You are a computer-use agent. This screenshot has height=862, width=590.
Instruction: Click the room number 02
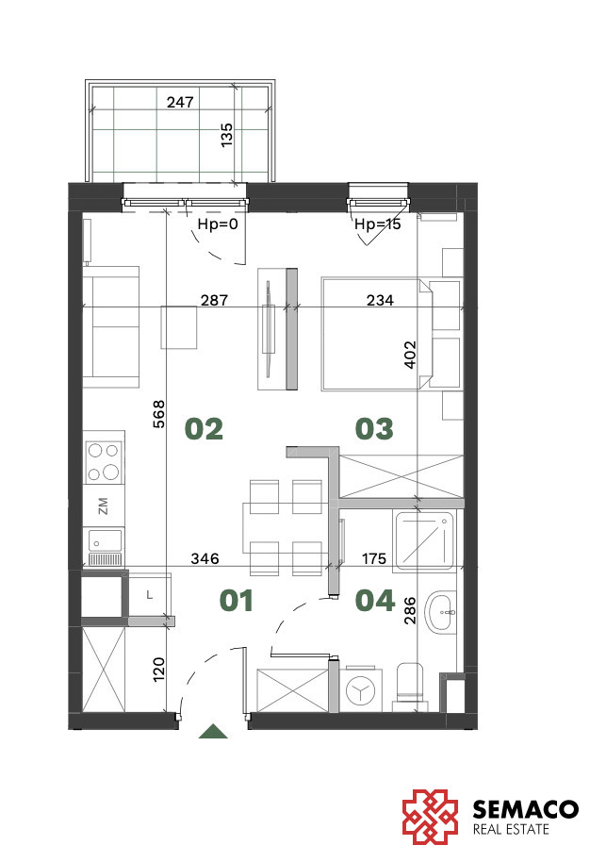(x=204, y=429)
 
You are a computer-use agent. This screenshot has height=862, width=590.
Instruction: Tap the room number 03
(x=374, y=429)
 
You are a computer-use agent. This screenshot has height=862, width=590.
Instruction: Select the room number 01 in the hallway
(x=237, y=601)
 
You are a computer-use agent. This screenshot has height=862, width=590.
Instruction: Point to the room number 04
(x=375, y=601)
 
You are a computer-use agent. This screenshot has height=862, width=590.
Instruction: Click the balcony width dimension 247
(x=180, y=102)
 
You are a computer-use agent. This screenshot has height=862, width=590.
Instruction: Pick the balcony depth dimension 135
(x=226, y=135)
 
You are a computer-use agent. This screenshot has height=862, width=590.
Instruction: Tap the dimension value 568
(x=158, y=414)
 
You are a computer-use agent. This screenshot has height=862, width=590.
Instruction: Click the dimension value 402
(x=410, y=355)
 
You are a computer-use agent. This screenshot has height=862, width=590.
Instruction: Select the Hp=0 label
(x=218, y=224)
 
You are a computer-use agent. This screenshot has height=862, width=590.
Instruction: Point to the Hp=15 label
(x=377, y=224)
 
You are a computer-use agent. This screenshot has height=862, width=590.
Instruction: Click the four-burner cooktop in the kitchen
(x=104, y=462)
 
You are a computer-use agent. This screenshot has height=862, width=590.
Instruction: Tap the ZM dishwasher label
(x=103, y=506)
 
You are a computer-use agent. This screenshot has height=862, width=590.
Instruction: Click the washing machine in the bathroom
(x=361, y=690)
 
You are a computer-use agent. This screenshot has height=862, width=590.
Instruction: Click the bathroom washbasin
(x=443, y=612)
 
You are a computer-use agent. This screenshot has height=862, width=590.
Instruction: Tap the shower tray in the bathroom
(x=425, y=540)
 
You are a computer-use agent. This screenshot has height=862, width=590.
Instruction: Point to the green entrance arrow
(x=213, y=732)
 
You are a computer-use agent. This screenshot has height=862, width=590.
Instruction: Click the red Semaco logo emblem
(x=430, y=817)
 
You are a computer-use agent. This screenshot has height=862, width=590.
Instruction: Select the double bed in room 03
(x=377, y=334)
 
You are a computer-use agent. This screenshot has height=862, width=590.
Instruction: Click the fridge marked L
(x=150, y=595)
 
